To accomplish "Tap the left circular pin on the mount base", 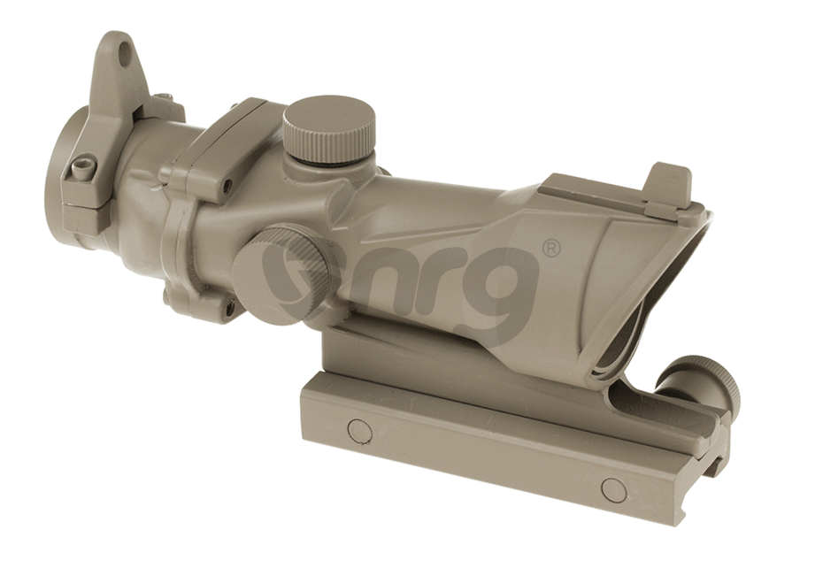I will click(x=358, y=430).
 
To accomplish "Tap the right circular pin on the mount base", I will click(x=612, y=488).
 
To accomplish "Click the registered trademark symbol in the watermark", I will click(x=550, y=250).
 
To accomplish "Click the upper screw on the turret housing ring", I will click(x=228, y=186).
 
